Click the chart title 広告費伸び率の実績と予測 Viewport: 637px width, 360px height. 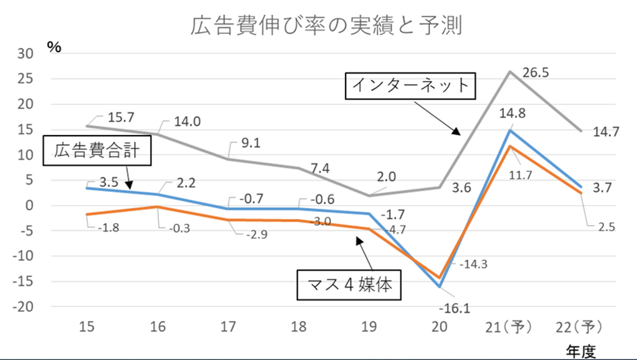(326, 26)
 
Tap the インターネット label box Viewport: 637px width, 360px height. (410, 86)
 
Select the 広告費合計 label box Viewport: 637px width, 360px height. (97, 151)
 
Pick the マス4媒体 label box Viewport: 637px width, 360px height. (349, 285)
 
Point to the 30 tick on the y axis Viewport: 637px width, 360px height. (25, 54)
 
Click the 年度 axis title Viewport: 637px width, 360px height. (581, 352)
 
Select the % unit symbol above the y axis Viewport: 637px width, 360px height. (54, 48)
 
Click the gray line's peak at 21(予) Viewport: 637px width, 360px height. (510, 71)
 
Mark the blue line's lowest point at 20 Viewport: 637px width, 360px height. (439, 287)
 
